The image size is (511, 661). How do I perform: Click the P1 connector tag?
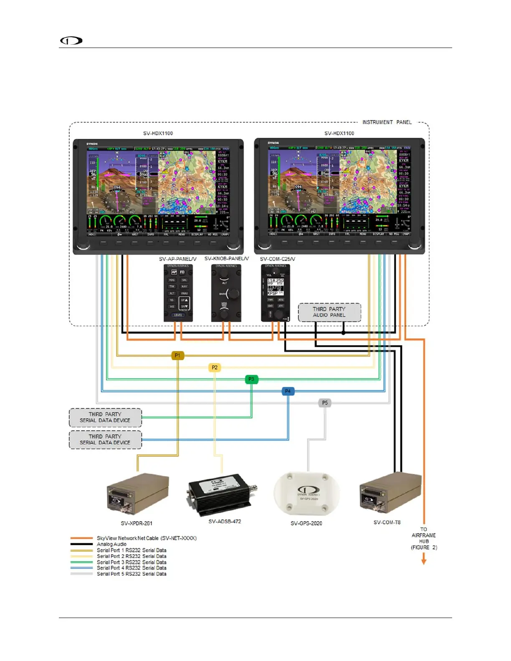[177, 356]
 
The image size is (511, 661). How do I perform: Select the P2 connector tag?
[214, 368]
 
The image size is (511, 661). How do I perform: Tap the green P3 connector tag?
[251, 379]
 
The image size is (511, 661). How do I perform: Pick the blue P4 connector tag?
[288, 391]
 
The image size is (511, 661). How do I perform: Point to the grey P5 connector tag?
[325, 403]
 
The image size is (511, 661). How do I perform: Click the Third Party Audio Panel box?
[329, 312]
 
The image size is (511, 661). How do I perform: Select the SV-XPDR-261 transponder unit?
[138, 494]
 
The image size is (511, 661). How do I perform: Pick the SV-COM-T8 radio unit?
[390, 492]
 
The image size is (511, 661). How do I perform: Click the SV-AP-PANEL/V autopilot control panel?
[178, 293]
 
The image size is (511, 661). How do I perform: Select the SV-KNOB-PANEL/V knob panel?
[226, 293]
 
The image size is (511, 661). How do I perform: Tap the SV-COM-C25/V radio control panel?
[276, 293]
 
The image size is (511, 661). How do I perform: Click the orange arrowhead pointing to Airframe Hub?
[424, 561]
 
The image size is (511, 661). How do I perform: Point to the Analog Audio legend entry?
[111, 544]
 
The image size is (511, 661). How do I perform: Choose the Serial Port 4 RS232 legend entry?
[132, 568]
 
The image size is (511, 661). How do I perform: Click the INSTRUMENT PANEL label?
[387, 122]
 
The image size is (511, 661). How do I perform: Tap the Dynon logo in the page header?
[71, 40]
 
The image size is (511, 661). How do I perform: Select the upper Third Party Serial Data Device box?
[105, 417]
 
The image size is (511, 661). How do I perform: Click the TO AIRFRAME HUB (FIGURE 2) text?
[424, 538]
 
